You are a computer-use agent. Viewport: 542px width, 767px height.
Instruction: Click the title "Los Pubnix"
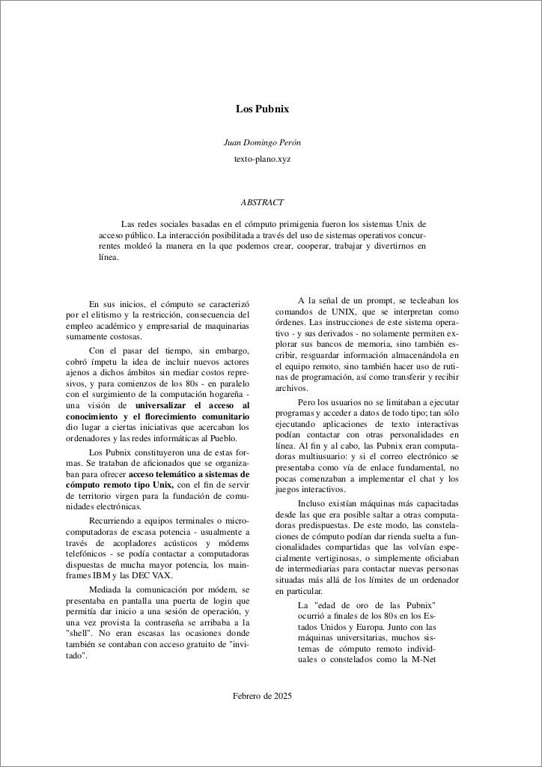pyautogui.click(x=262, y=109)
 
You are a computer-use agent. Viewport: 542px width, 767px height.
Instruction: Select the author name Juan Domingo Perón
pyautogui.click(x=262, y=142)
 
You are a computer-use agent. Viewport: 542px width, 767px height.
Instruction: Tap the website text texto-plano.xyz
pyautogui.click(x=262, y=160)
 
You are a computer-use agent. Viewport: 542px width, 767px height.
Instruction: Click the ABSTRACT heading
pyautogui.click(x=262, y=202)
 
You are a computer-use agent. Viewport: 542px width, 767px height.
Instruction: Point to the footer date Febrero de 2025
pyautogui.click(x=262, y=696)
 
